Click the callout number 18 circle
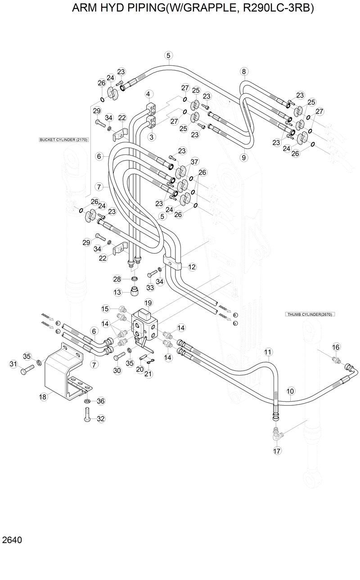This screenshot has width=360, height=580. coord(43,397)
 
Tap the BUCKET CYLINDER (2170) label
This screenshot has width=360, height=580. coord(63,140)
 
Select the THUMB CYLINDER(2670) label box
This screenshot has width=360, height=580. coord(310,314)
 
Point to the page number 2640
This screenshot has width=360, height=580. coord(12,540)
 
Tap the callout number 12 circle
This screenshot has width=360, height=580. coord(192,267)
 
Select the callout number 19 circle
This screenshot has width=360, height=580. coord(148,303)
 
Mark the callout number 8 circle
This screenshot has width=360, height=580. coord(244,71)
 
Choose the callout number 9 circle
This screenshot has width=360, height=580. coord(244,157)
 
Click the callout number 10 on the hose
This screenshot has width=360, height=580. coord(290,391)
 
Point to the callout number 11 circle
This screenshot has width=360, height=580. coord(268,352)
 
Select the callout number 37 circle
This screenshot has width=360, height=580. coord(194,162)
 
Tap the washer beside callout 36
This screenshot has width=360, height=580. coord(87,401)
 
